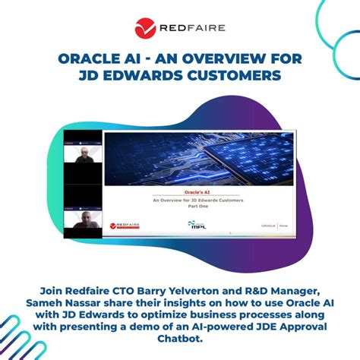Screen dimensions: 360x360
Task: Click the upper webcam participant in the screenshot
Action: pos(83,156)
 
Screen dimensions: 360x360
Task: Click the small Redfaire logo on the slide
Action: pos(125,226)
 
